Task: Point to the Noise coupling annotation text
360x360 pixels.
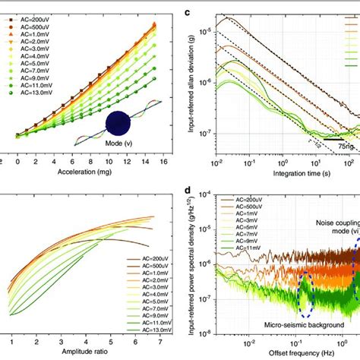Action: pos(333,224)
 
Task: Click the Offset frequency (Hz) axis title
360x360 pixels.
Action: pos(289,353)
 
